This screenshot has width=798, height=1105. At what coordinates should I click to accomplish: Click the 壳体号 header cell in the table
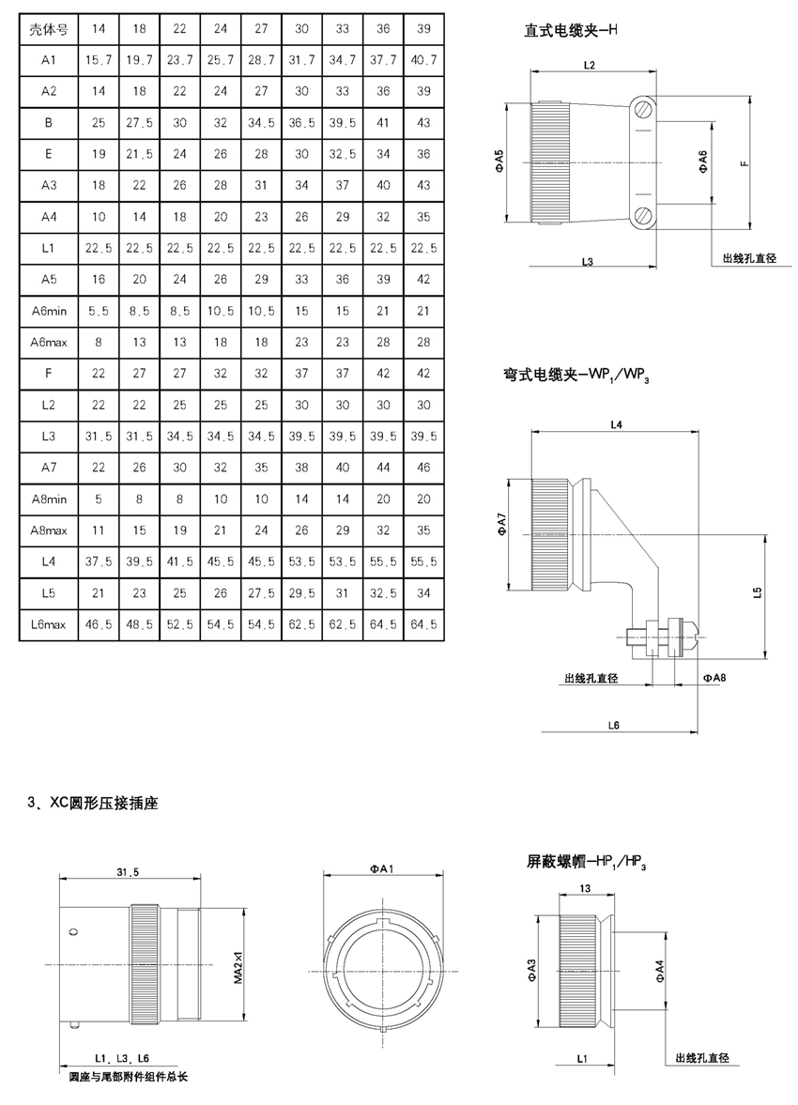[x=48, y=29]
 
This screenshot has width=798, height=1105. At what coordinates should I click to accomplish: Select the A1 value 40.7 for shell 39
[x=423, y=60]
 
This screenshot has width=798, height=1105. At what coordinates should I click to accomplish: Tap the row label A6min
[x=49, y=311]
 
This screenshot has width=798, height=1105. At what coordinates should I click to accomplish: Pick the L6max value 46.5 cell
[x=99, y=624]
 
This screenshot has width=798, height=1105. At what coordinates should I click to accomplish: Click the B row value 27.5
[x=140, y=123]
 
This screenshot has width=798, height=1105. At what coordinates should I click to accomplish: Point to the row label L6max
[x=49, y=624]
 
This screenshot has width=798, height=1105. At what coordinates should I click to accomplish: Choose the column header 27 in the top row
[x=262, y=29]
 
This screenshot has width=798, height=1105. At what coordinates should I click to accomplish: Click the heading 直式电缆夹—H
[x=570, y=30]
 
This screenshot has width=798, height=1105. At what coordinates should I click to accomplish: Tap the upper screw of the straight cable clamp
[x=641, y=110]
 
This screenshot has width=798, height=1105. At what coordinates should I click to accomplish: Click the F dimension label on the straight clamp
[x=744, y=163]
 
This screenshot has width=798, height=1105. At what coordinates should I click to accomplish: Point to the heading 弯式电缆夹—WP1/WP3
[x=575, y=375]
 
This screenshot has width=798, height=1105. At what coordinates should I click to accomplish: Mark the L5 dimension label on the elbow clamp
[x=758, y=592]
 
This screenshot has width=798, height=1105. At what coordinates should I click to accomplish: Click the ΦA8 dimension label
[x=714, y=677]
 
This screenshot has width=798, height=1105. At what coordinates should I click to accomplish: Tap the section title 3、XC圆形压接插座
[x=92, y=803]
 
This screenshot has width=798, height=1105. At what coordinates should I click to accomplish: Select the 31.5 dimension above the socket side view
[x=129, y=872]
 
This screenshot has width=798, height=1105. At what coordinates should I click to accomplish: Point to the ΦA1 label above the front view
[x=382, y=869]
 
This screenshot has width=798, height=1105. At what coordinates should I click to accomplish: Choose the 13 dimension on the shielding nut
[x=585, y=888]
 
